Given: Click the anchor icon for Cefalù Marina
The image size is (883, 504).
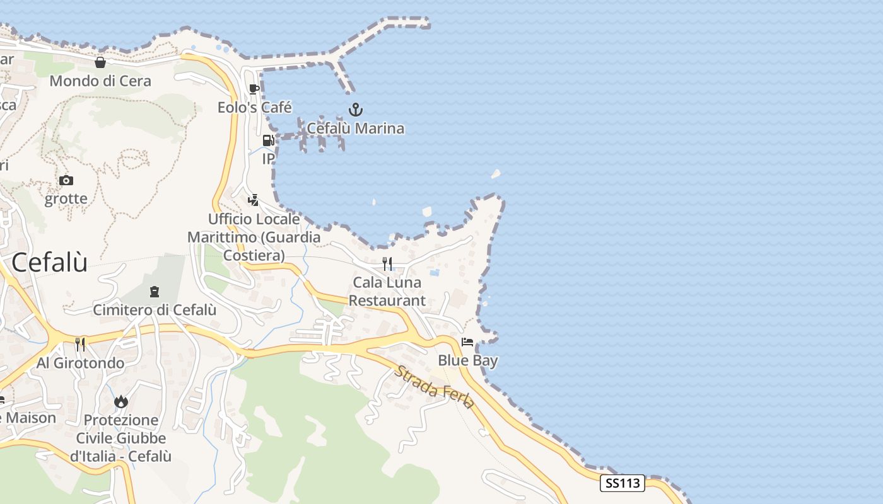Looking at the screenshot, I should pyautogui.click(x=356, y=110).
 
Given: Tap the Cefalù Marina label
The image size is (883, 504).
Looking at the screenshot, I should pyautogui.click(x=356, y=129).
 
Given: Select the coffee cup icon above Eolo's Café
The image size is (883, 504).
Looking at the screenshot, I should pyautogui.click(x=254, y=89).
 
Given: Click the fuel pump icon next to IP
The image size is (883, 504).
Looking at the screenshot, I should pyautogui.click(x=268, y=140).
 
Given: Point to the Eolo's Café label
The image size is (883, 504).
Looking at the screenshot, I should pyautogui.click(x=255, y=108).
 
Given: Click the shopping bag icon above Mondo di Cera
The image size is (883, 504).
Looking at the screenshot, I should pyautogui.click(x=100, y=62).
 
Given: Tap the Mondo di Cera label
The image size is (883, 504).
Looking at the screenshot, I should pyautogui.click(x=100, y=81).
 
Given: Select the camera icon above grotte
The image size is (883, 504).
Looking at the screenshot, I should pyautogui.click(x=66, y=181).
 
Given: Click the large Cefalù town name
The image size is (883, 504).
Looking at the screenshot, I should pyautogui.click(x=50, y=262).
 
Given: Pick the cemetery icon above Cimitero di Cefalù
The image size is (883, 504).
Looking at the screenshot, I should pyautogui.click(x=155, y=292).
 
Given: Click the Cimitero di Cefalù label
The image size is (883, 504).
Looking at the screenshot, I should pyautogui.click(x=155, y=310).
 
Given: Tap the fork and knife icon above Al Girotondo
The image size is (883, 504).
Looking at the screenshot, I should pyautogui.click(x=80, y=344).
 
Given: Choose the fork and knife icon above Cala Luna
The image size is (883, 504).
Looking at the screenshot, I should pyautogui.click(x=387, y=263).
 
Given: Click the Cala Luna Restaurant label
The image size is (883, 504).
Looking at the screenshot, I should pyautogui.click(x=387, y=291).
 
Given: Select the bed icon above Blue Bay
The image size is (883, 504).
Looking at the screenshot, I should pyautogui.click(x=467, y=342).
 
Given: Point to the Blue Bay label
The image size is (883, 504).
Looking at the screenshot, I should pyautogui.click(x=468, y=361).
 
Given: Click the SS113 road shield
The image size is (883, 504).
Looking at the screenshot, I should pyautogui.click(x=622, y=484).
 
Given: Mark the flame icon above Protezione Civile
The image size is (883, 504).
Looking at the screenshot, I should pyautogui.click(x=121, y=401).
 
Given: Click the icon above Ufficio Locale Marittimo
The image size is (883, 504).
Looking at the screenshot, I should pyautogui.click(x=253, y=200).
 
